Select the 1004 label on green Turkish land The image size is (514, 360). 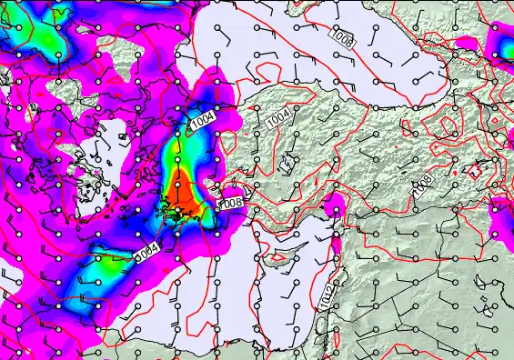click(279, 117)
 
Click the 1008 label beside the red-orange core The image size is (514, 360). click(231, 202)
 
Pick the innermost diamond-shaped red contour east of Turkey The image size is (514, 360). click(447, 124)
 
